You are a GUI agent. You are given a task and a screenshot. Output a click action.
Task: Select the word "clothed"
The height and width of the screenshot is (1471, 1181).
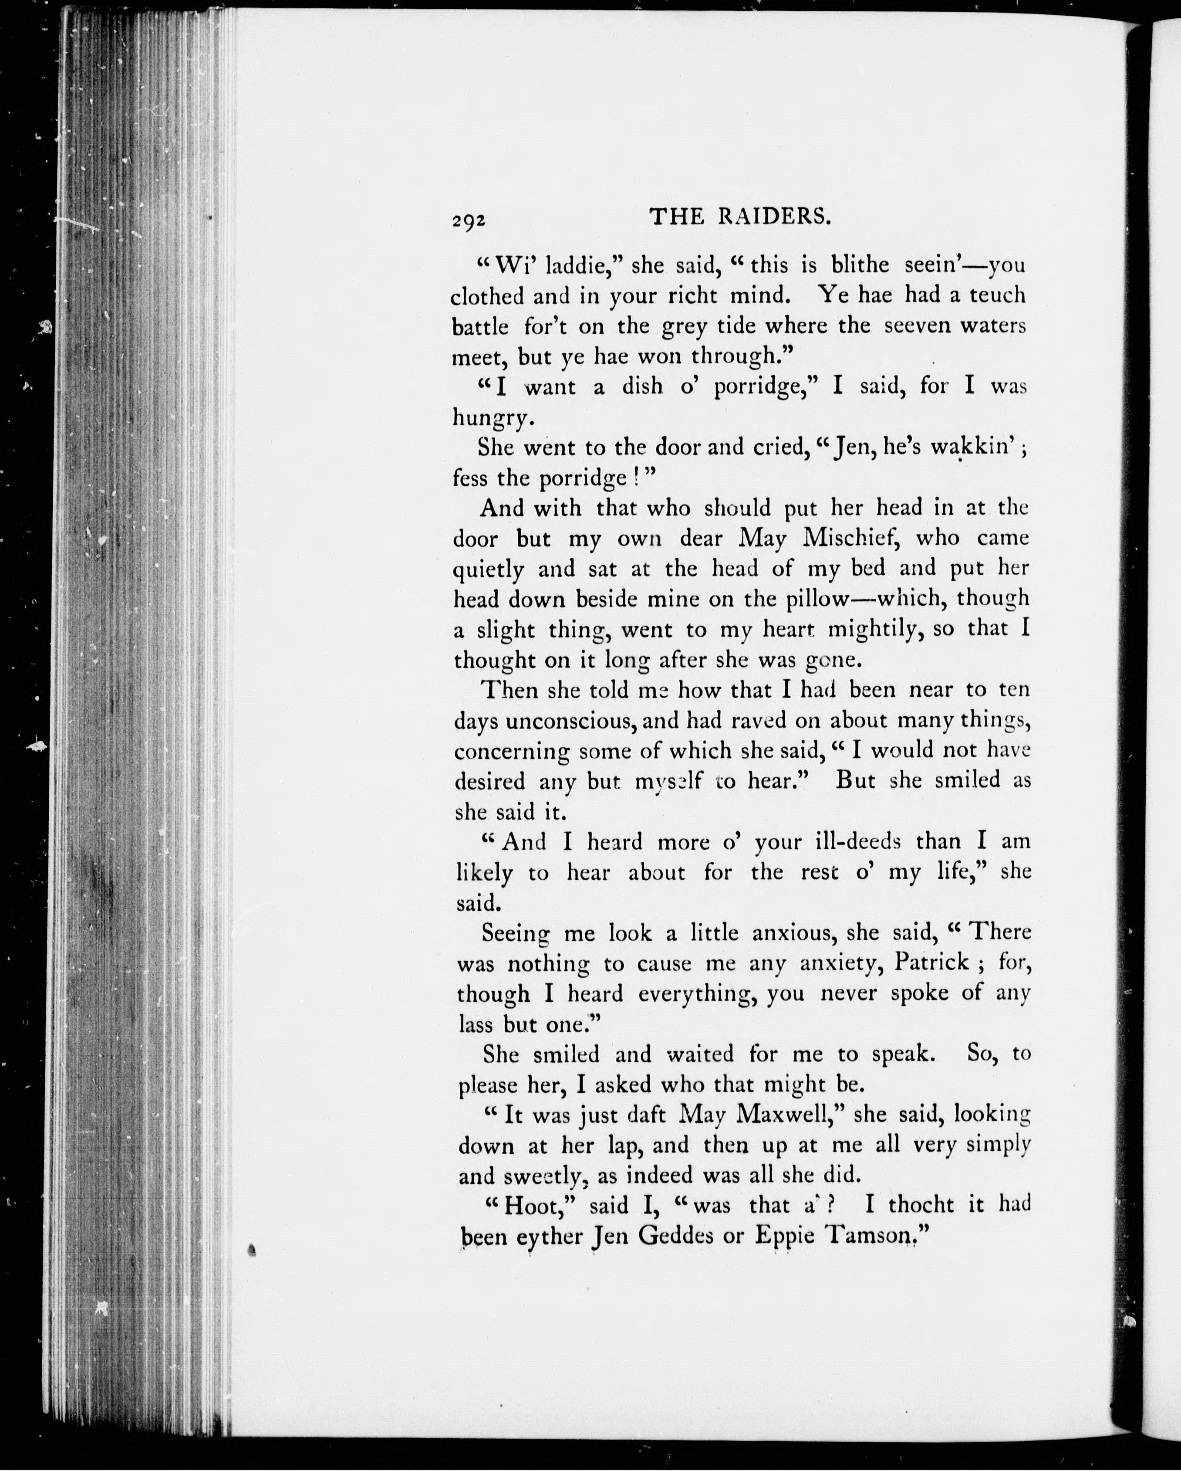(488, 296)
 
